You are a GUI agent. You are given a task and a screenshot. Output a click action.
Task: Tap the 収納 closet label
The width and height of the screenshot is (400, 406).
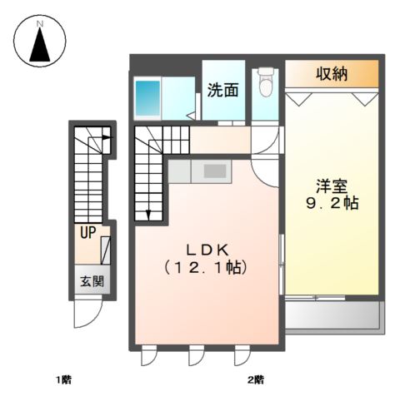pyautogui.click(x=331, y=73)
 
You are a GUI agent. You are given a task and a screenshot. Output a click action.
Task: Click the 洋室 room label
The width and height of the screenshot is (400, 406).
pyautogui.click(x=331, y=184)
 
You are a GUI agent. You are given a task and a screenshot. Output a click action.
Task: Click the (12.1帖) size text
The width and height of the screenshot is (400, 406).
pyautogui.click(x=209, y=268)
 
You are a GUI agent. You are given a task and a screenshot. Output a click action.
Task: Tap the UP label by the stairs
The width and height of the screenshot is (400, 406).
pyautogui.click(x=86, y=234)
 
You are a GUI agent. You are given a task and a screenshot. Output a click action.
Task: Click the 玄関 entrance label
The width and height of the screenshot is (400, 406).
pyautogui.click(x=92, y=280)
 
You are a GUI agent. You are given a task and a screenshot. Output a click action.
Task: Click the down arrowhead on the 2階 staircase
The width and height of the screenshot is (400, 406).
pyautogui.click(x=148, y=215)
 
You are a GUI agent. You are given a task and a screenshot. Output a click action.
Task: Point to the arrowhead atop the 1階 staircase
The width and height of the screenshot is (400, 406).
pyautogui.click(x=107, y=139)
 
